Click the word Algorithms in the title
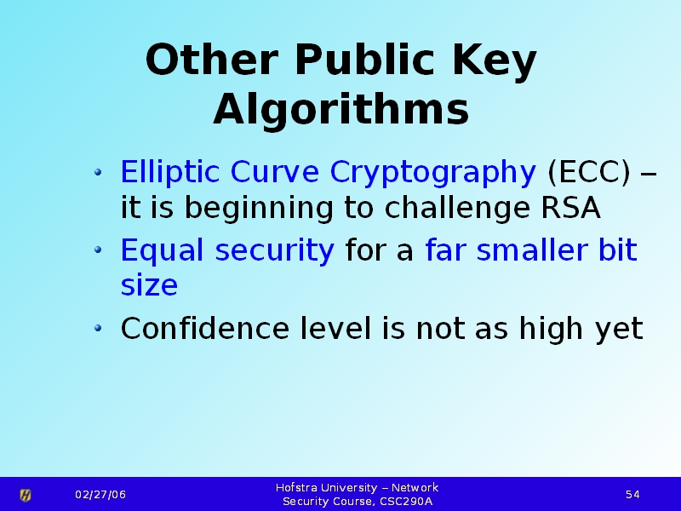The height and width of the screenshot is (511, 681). coord(341,109)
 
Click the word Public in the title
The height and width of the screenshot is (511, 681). coord(365,60)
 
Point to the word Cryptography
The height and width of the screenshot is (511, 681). coord(433,173)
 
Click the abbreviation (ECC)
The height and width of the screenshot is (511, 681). coord(589,173)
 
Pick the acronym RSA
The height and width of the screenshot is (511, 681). coord(570,207)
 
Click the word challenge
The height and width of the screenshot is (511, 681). coord(457,209)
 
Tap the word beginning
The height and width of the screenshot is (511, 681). coord(259,209)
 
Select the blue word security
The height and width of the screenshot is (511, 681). coord(274,250)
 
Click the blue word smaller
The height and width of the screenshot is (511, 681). coord(532,250)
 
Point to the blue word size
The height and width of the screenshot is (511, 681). coord(149,285)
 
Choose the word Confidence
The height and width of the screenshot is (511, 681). coord(205,328)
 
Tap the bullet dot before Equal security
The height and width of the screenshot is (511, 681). coord(98,250)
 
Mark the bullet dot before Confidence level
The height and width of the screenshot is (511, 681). coord(98,328)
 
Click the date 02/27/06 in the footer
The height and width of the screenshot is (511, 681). coord(100,495)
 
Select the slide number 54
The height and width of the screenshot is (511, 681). coord(632,495)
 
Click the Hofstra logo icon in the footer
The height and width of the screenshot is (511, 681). coord(26,495)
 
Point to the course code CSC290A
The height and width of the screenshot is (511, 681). coord(406,502)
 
